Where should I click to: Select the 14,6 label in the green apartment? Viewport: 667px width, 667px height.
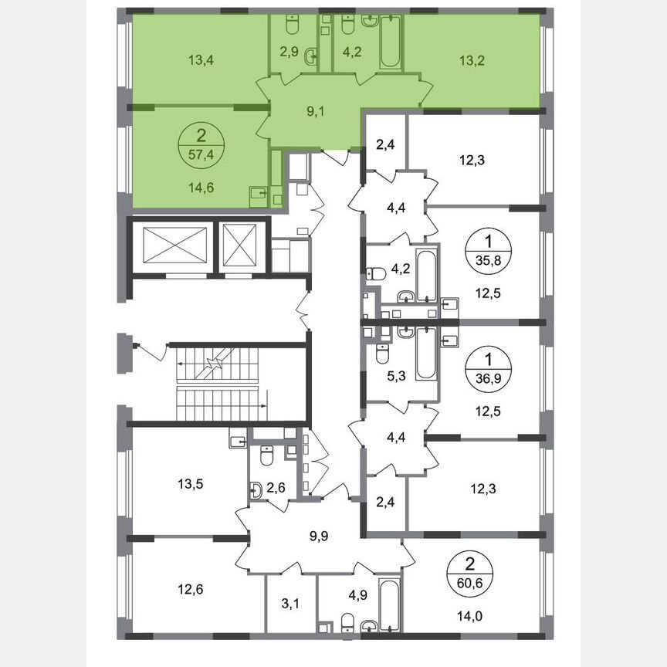tap(201, 185)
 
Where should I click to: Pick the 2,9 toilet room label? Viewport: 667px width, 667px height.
tap(290, 55)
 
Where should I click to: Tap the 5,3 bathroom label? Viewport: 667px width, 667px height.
tap(396, 377)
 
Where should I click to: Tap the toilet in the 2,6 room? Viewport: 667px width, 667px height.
tap(266, 458)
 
